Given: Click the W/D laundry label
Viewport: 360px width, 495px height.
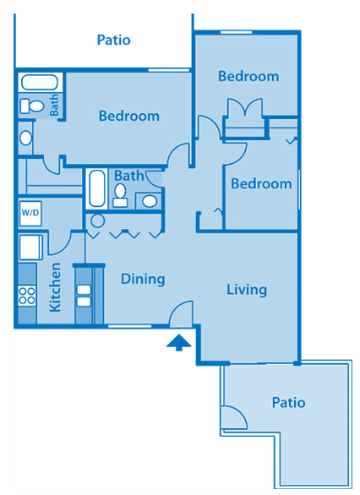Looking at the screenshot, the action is [30, 213].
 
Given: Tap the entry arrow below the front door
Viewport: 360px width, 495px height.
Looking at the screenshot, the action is [179, 342].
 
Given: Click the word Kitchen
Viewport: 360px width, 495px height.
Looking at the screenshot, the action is [55, 287].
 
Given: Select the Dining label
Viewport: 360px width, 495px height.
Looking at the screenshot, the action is [143, 279].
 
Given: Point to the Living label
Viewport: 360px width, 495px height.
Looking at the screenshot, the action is [247, 290].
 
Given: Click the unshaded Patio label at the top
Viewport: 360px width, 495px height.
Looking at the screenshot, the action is [114, 40].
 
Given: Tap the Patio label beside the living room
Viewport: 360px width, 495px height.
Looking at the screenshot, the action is [289, 402].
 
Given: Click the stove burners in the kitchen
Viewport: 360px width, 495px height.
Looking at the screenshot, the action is [27, 295].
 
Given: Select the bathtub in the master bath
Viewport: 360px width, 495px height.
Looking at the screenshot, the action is [40, 83].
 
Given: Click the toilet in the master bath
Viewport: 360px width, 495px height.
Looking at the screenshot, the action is [32, 106].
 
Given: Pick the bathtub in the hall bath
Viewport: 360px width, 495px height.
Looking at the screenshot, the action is [96, 188].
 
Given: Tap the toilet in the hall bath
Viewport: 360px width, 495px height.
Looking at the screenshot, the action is [120, 196].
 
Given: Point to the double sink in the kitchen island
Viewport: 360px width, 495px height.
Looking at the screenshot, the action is [84, 296].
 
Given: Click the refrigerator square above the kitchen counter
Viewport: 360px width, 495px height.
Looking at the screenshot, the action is [31, 247].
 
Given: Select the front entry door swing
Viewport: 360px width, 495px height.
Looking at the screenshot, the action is [181, 313].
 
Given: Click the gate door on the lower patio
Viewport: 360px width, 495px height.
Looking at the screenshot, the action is [234, 417].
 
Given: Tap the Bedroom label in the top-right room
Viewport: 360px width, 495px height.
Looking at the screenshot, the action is [248, 76].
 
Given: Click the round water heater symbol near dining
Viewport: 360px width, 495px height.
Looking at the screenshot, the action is [97, 221].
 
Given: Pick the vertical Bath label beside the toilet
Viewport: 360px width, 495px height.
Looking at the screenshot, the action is [54, 105].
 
